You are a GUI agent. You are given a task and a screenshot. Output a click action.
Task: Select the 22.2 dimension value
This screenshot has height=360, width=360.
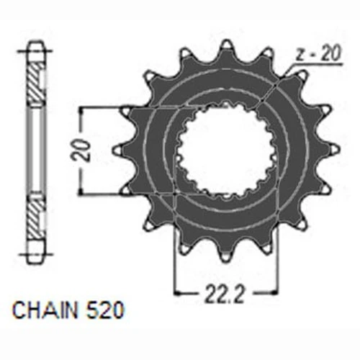click(x=225, y=293)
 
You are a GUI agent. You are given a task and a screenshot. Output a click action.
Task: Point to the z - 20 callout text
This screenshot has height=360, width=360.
click(x=318, y=54)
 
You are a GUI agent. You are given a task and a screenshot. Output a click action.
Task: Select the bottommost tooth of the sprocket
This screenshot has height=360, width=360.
click(x=226, y=254)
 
